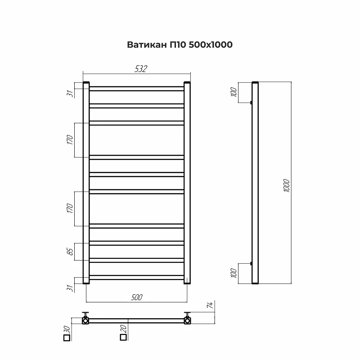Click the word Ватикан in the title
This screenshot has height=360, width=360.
(147, 45)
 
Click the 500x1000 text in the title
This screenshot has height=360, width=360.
(211, 45)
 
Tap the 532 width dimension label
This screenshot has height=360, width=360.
(141, 69)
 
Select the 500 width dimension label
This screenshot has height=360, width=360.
(137, 297)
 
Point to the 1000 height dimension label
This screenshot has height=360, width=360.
(286, 185)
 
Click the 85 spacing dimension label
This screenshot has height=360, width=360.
(71, 252)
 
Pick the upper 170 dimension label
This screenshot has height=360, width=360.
(70, 140)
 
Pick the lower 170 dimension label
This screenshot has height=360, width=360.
(70, 208)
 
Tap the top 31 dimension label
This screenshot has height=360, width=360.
(70, 94)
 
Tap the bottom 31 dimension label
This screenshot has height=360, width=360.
(70, 288)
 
